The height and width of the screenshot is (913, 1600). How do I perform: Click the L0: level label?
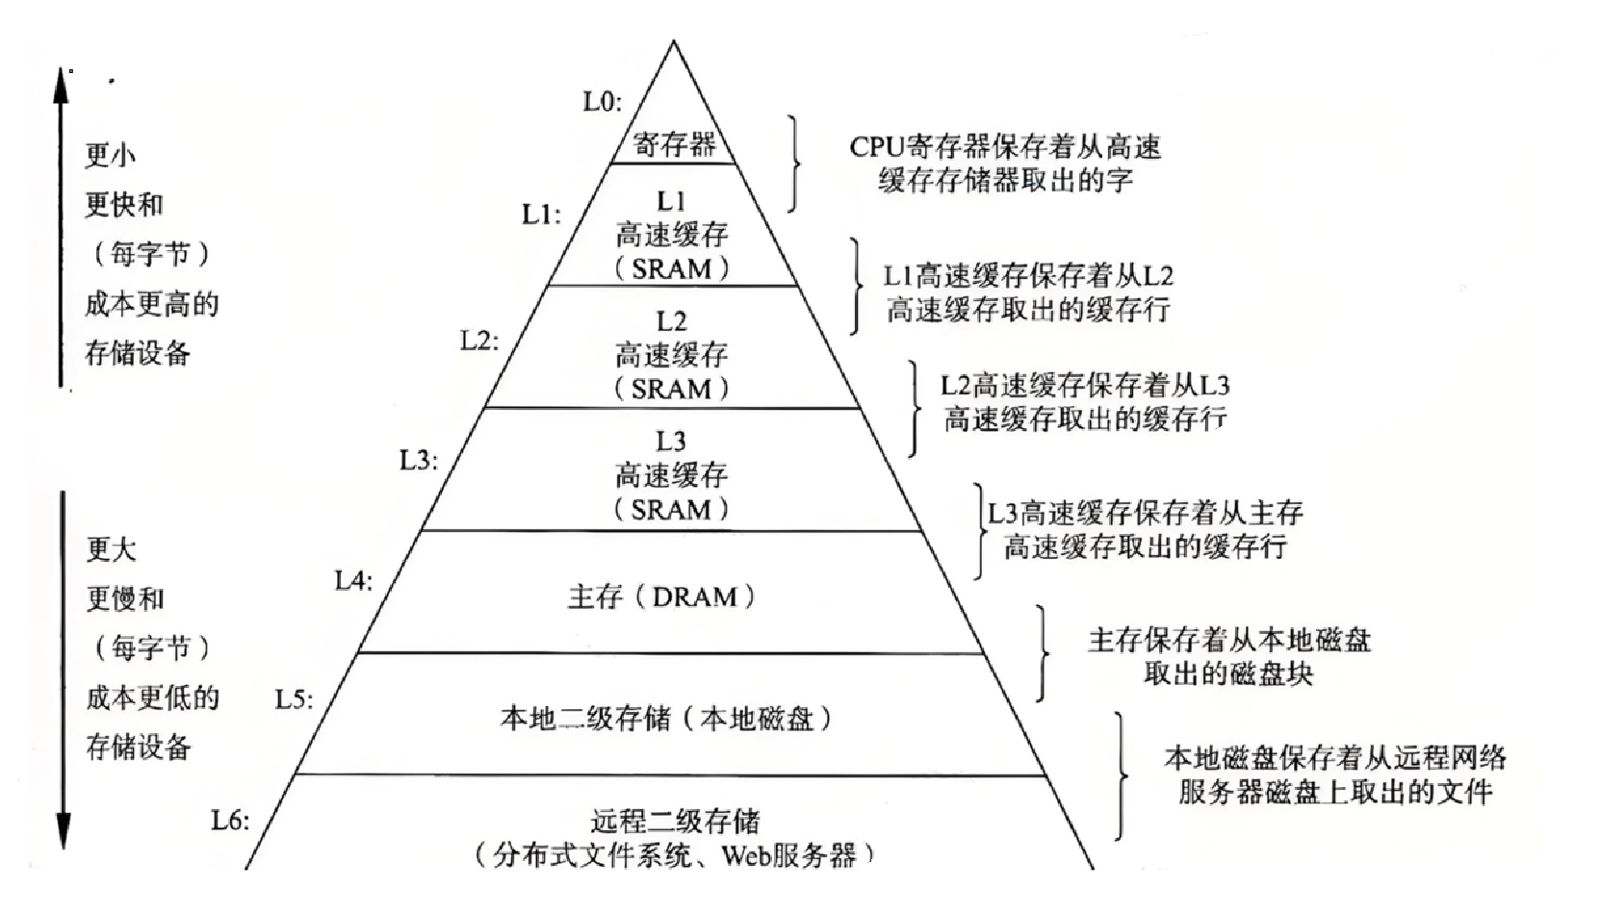(x=602, y=102)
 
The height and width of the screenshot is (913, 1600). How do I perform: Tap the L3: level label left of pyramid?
(x=419, y=461)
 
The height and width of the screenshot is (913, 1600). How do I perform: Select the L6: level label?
(x=230, y=821)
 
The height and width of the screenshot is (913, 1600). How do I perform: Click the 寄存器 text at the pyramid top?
(x=674, y=145)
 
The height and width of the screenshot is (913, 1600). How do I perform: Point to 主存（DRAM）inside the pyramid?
(x=661, y=596)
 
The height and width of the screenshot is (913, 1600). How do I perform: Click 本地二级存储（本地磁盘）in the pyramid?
(x=666, y=718)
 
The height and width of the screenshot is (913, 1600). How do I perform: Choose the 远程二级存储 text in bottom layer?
(x=675, y=821)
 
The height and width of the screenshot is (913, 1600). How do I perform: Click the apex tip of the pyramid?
(x=674, y=40)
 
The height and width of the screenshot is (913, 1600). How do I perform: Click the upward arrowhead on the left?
(x=62, y=86)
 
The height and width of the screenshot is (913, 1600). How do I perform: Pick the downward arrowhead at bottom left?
(x=64, y=830)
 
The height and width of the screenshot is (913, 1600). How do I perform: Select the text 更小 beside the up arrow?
(x=111, y=154)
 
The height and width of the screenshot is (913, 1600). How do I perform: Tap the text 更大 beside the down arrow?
(x=112, y=549)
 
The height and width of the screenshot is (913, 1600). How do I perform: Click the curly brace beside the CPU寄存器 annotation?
(x=793, y=164)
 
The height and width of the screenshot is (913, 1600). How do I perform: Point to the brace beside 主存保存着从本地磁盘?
(x=1043, y=653)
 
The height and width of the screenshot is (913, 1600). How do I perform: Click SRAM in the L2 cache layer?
(x=671, y=389)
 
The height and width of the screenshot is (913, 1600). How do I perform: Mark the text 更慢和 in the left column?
(x=125, y=598)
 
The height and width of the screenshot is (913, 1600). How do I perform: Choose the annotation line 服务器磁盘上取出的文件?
(x=1335, y=792)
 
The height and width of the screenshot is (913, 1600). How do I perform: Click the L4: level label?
(x=354, y=581)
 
